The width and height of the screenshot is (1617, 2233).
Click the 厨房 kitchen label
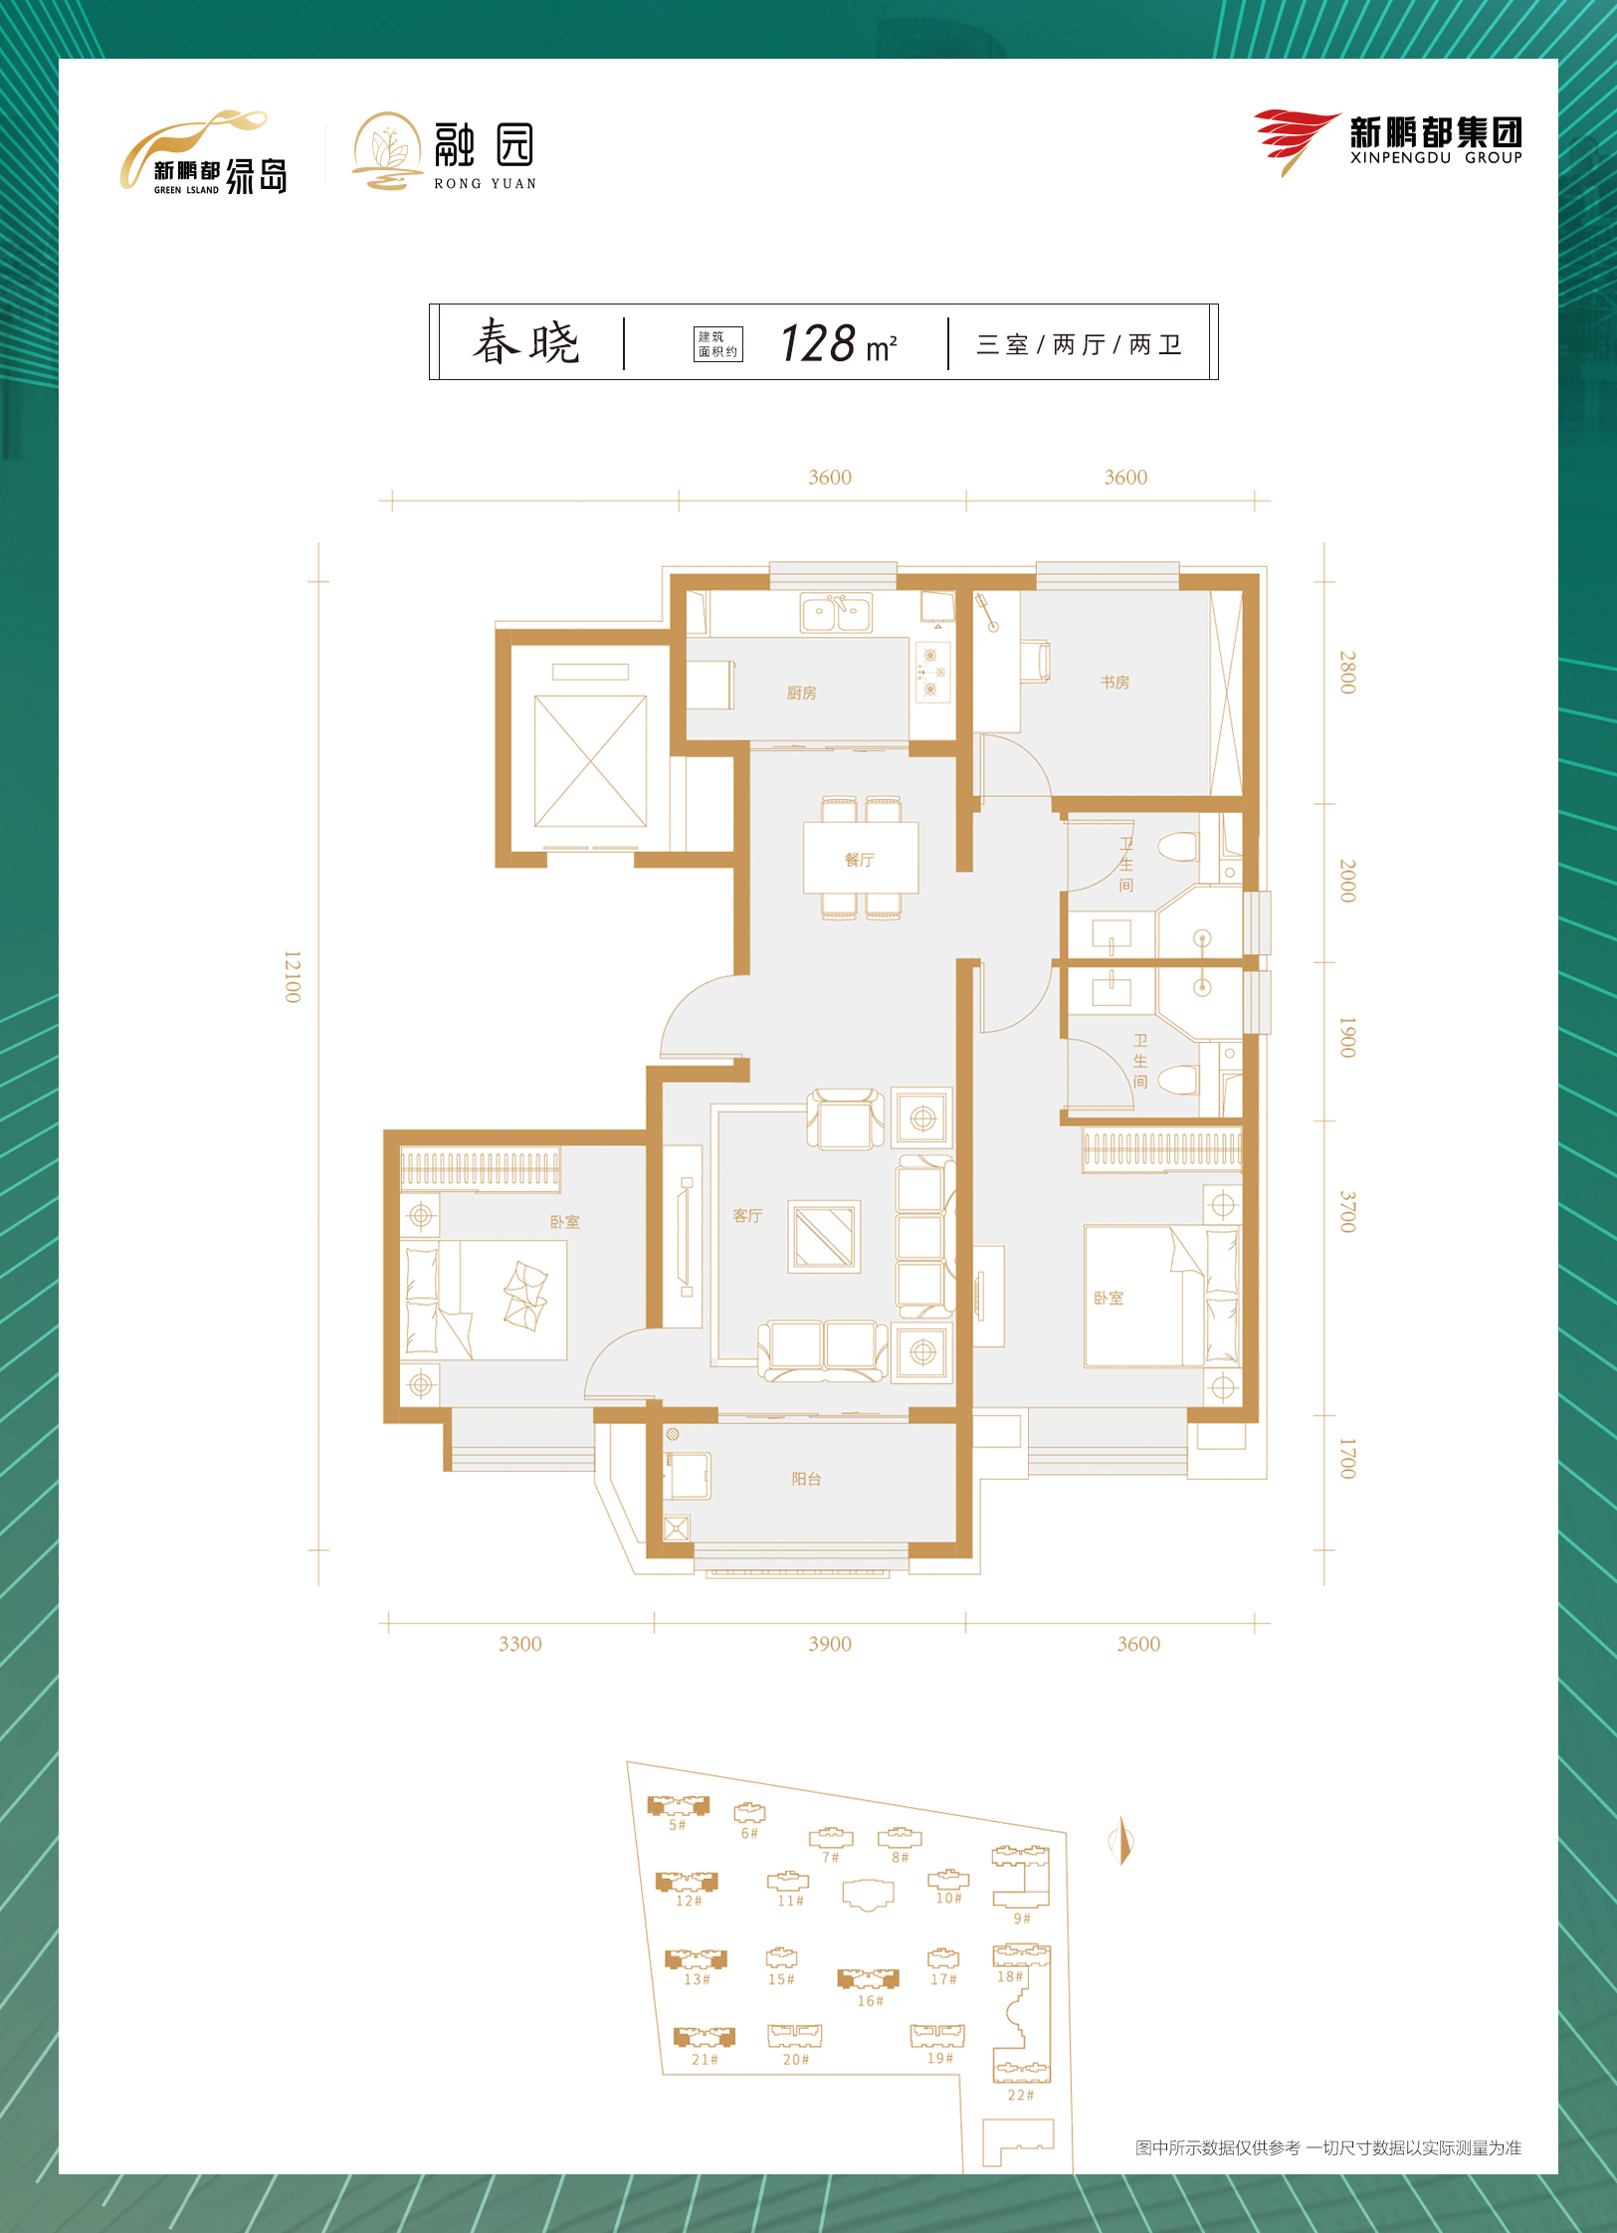[801, 693]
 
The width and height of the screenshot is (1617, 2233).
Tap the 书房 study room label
[1114, 682]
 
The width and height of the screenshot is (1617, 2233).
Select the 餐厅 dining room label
[859, 860]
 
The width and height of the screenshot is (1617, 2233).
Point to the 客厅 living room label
[747, 1216]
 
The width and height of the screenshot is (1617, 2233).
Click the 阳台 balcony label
[806, 1479]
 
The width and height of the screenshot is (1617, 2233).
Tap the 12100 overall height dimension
[292, 976]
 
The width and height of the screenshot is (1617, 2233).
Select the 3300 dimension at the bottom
[519, 1644]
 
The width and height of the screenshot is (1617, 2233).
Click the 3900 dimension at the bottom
[829, 1644]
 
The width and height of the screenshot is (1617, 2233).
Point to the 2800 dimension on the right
[1347, 673]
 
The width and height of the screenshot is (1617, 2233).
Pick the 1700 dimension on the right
[1347, 1458]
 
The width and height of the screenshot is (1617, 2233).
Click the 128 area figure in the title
[818, 343]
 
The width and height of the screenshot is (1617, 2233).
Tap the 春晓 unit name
[525, 342]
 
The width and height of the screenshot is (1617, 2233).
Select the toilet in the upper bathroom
[1179, 847]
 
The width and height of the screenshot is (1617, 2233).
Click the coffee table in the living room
[824, 1237]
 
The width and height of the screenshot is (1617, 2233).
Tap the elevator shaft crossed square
[590, 761]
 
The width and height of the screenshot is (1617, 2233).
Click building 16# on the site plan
[868, 1979]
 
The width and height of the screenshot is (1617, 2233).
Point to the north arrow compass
[1122, 1840]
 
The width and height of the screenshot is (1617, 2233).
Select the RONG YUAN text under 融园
[485, 184]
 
